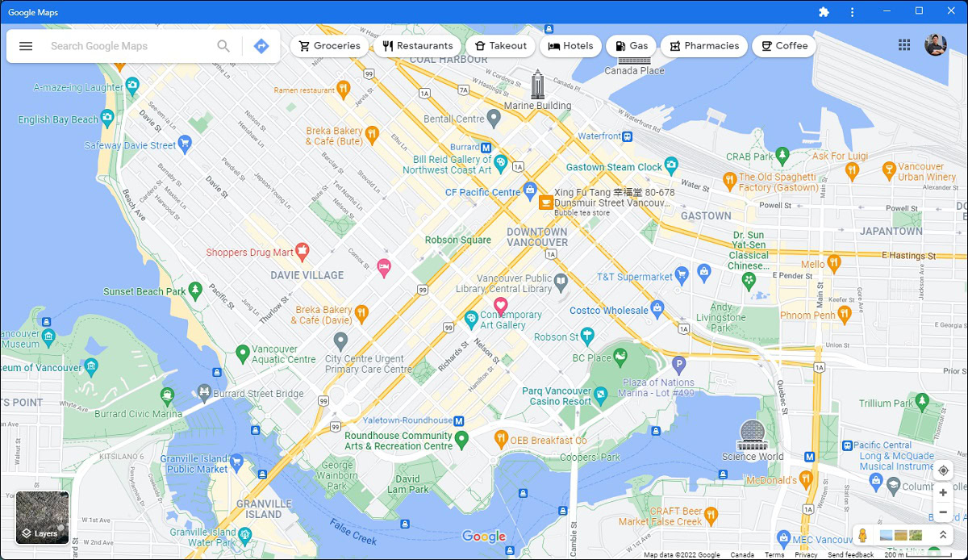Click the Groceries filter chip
329,46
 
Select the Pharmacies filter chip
703,46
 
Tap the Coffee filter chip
784,46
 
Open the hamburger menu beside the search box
26,46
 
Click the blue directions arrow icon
261,46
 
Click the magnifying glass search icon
223,46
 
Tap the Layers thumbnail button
43,518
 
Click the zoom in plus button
943,492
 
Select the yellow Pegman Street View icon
862,535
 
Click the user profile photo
936,45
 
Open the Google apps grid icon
904,45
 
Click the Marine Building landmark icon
537,84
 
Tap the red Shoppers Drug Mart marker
302,252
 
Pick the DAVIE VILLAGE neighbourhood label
307,275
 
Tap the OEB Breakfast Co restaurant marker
500,439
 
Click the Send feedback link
850,555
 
